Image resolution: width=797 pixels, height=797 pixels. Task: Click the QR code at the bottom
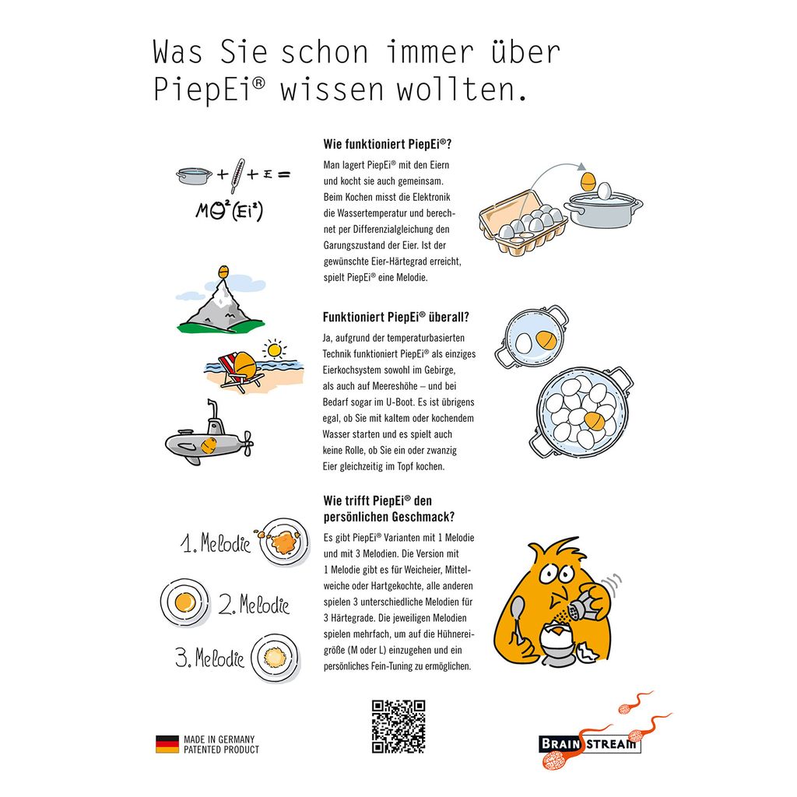tap(398, 726)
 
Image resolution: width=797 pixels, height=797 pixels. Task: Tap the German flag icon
tap(167, 744)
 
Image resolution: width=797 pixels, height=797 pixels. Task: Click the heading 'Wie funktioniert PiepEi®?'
tap(388, 144)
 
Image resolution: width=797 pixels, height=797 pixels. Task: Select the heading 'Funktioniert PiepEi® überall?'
tap(396, 318)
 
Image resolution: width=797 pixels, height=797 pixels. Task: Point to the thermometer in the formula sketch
tap(237, 175)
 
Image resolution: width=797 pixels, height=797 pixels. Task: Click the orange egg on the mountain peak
tap(223, 272)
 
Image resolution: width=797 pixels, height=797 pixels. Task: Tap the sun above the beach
tap(275, 349)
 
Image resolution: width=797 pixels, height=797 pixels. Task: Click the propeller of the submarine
tap(248, 444)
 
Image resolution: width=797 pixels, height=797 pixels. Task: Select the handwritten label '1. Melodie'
tap(216, 543)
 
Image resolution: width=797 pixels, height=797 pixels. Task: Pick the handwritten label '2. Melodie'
tap(254, 604)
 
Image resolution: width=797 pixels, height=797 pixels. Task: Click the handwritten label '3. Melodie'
tap(209, 658)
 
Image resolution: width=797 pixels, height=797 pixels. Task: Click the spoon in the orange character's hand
tap(518, 618)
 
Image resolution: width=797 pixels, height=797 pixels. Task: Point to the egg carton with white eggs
tap(523, 221)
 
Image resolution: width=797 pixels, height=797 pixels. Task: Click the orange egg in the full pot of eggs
tap(594, 421)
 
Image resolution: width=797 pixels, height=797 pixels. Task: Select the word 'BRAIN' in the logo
tap(560, 744)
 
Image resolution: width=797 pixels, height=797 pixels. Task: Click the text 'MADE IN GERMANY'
tap(219, 739)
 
